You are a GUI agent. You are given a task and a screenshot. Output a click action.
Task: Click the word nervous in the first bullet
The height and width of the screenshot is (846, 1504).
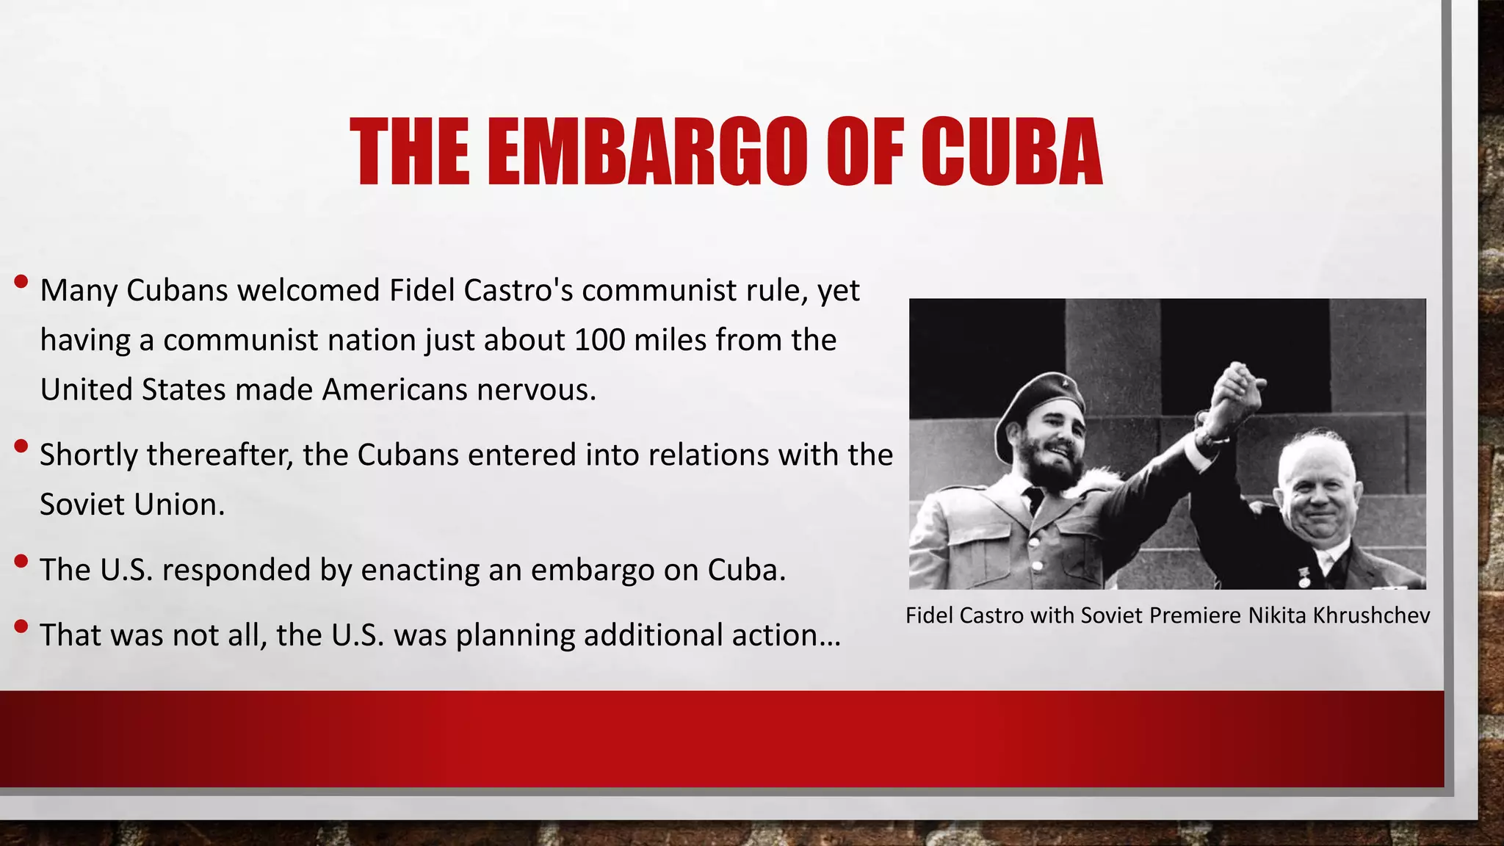click(x=536, y=389)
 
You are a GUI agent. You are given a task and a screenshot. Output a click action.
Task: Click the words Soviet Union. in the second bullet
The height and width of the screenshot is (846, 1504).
click(x=132, y=505)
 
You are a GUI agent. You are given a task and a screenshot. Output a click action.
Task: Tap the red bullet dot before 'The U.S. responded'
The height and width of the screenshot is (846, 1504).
click(x=21, y=562)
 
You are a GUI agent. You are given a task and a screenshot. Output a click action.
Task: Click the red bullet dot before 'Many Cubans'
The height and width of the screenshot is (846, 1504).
click(x=21, y=281)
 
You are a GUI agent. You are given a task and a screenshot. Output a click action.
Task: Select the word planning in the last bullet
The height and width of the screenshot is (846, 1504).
click(x=515, y=635)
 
